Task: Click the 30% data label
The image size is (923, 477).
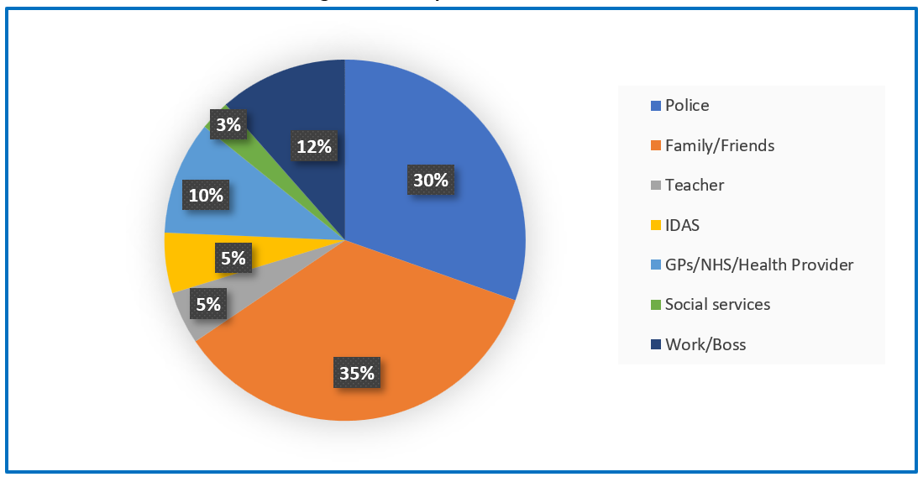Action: [x=430, y=181]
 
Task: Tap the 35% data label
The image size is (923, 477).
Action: [x=356, y=373]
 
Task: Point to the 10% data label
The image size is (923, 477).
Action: [x=206, y=196]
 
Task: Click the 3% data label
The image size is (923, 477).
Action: [x=228, y=125]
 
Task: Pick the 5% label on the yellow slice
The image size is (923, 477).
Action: [x=233, y=259]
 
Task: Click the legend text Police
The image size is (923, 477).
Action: [x=687, y=105]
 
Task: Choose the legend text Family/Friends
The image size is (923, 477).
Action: [x=720, y=145]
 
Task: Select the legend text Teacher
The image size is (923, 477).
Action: [x=695, y=185]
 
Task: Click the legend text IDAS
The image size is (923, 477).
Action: [x=683, y=225]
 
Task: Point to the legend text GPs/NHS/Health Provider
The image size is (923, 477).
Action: [x=759, y=265]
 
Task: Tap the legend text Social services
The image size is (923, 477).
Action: [x=717, y=304]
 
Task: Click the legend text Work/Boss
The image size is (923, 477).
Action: [x=705, y=344]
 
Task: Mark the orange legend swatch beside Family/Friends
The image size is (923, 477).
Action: [x=656, y=146]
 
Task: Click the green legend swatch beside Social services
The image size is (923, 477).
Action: [x=656, y=305]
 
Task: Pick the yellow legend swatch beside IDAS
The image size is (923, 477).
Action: [x=656, y=225]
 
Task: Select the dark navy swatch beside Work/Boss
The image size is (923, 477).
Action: [x=656, y=344]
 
